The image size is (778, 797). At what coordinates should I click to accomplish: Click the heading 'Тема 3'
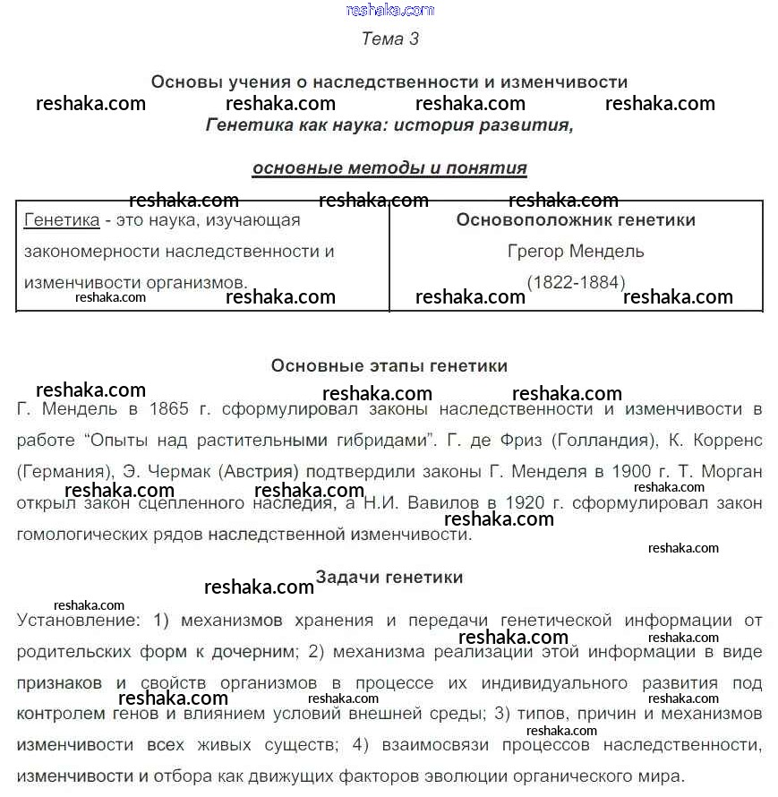pos(389,39)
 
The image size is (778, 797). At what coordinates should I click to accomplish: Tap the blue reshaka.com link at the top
pos(389,11)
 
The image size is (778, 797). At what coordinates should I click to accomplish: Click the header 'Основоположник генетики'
pos(576,219)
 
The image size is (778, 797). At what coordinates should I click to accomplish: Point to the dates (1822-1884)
pos(576,282)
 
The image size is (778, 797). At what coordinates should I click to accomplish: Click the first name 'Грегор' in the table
pos(535,251)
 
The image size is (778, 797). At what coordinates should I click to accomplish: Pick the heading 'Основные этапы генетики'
pos(389,365)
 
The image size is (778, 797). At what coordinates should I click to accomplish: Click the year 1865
pos(169,409)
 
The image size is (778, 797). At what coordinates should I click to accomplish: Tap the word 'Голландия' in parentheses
pos(601,441)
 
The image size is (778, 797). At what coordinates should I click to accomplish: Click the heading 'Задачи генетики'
pos(389,577)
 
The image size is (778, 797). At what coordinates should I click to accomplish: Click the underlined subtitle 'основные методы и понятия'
pos(389,167)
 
